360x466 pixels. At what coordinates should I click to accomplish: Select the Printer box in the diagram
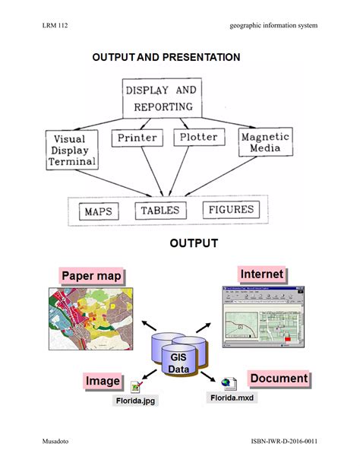tap(137, 138)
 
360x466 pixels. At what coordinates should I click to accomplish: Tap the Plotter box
tap(197, 138)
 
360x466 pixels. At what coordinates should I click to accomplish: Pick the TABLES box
tap(159, 211)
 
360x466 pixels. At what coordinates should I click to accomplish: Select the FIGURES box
tap(229, 210)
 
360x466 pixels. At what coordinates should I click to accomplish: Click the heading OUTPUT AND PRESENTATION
tap(166, 57)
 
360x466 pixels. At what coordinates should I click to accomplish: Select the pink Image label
tap(102, 381)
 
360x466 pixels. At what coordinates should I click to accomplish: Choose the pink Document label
tap(279, 379)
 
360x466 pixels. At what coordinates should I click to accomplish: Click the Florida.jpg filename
tap(136, 400)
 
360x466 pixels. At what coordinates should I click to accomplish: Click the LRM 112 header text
tap(55, 26)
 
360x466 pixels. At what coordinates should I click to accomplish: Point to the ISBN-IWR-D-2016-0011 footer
tap(283, 441)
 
